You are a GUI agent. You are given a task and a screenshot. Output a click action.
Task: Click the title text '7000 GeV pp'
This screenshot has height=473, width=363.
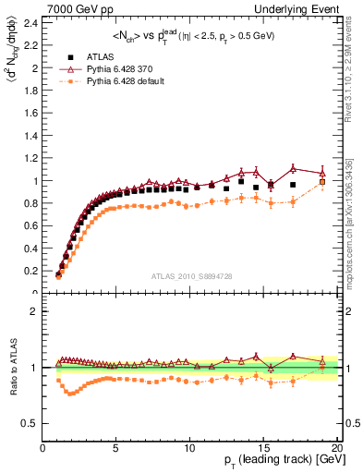click(x=79, y=7)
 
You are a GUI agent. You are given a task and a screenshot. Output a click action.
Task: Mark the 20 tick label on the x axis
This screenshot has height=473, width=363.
click(x=337, y=447)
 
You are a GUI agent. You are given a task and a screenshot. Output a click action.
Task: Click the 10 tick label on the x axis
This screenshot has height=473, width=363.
click(x=189, y=447)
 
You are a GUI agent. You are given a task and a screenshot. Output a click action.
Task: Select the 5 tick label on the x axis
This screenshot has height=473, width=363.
click(x=116, y=447)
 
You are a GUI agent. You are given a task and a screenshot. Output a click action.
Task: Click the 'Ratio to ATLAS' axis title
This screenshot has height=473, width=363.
click(x=10, y=368)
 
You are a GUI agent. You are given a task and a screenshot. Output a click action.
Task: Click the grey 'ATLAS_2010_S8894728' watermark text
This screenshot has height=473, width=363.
click(x=189, y=276)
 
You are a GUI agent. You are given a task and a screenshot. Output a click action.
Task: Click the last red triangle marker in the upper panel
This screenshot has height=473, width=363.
click(x=322, y=173)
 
